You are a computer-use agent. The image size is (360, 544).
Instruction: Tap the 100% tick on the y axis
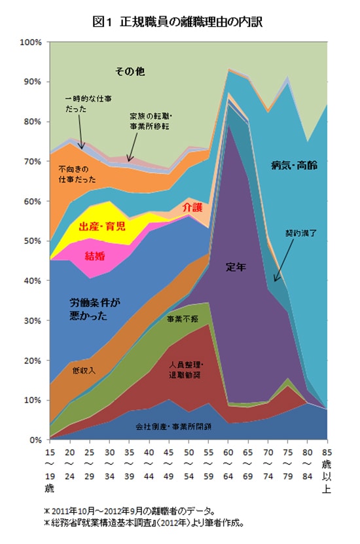point(31,42)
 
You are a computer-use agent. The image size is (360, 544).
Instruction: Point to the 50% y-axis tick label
point(33,241)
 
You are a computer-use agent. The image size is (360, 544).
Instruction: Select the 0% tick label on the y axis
point(36,440)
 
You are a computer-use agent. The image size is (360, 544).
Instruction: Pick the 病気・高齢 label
point(294,166)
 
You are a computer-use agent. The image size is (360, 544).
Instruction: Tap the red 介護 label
point(192,207)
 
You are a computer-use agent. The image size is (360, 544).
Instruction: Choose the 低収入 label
point(84,371)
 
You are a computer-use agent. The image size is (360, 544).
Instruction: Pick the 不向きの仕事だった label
point(77,173)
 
